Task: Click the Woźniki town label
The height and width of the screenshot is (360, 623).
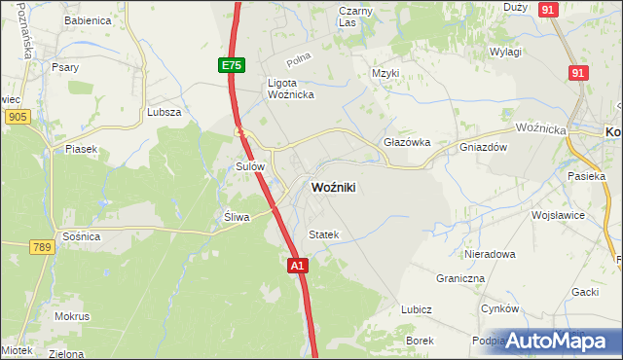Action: [x=339, y=188]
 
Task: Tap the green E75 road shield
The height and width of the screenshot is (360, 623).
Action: [x=231, y=65]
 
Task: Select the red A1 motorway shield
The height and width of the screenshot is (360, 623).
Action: [x=299, y=264]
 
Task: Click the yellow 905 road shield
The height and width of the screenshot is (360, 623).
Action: [x=15, y=117]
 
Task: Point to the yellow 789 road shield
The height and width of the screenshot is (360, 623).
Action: [x=40, y=248]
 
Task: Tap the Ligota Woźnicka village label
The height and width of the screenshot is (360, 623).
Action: [x=289, y=89]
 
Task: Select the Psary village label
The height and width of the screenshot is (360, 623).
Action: [x=67, y=68]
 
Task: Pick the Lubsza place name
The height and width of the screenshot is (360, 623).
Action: [x=164, y=112]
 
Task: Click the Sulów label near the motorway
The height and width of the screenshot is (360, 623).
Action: [x=251, y=167]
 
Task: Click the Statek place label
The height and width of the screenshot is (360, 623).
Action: [x=323, y=234]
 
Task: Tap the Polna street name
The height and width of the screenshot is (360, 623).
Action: [x=300, y=60]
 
